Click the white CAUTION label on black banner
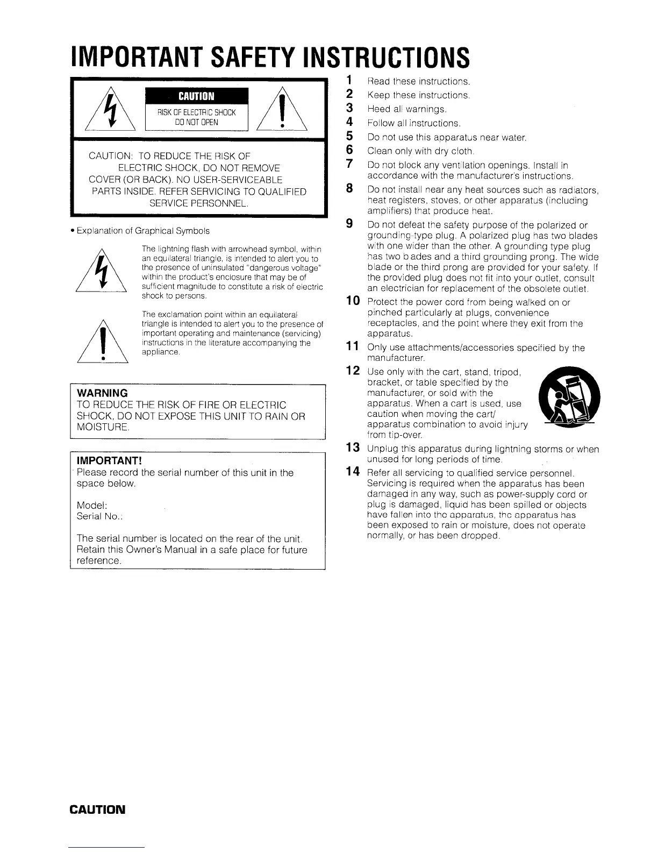196,96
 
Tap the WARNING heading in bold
102,393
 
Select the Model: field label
92,505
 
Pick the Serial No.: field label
100,516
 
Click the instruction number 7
349,164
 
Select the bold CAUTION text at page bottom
97,810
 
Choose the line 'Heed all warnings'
407,109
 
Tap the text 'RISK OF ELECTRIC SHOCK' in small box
196,113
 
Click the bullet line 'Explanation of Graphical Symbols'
143,231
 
